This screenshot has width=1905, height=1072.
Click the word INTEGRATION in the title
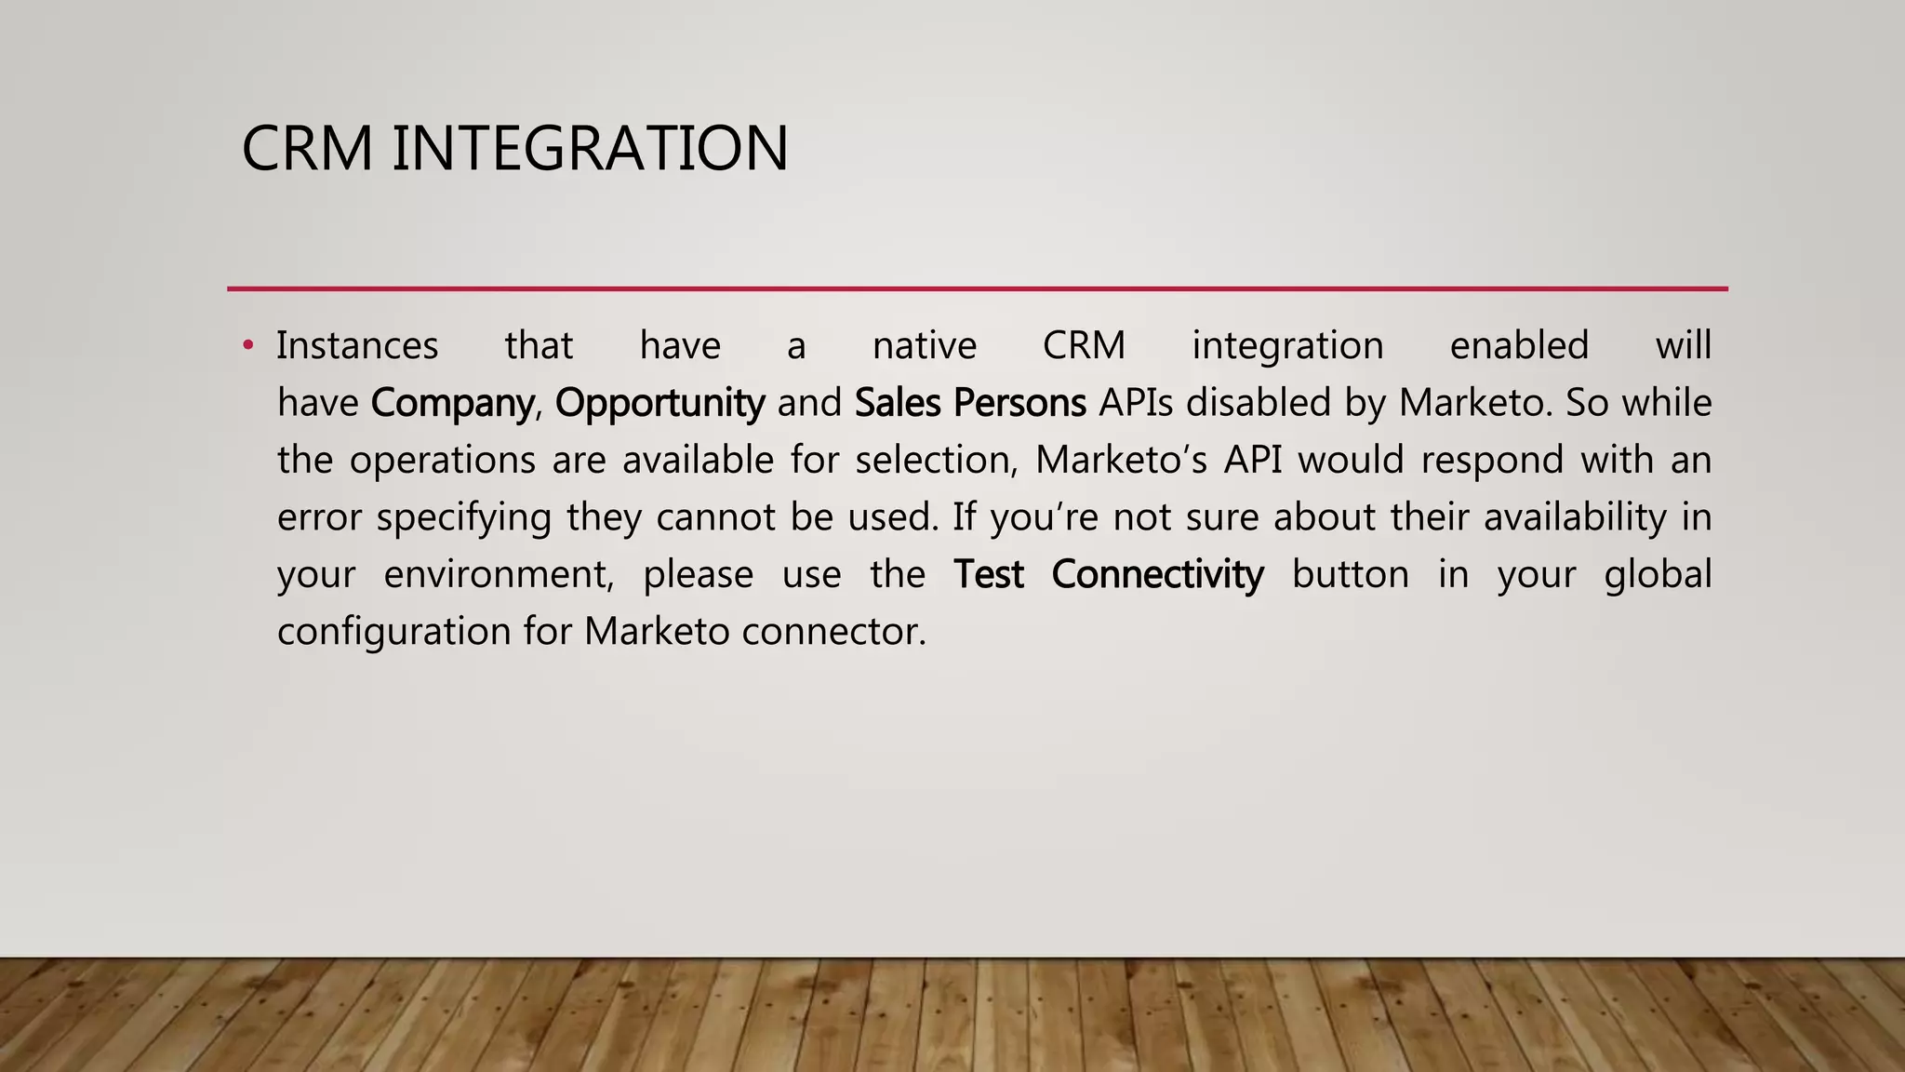tap(590, 149)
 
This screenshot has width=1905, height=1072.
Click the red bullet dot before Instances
tap(247, 346)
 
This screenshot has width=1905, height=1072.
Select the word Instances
tap(357, 346)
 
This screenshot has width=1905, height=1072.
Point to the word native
tap(925, 346)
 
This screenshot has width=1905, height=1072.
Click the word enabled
tap(1519, 346)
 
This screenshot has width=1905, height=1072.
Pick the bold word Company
tap(452, 403)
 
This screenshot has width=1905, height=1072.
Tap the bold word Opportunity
tap(660, 403)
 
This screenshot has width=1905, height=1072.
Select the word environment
tap(499, 575)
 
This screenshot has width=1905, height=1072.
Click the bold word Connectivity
tap(1157, 575)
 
